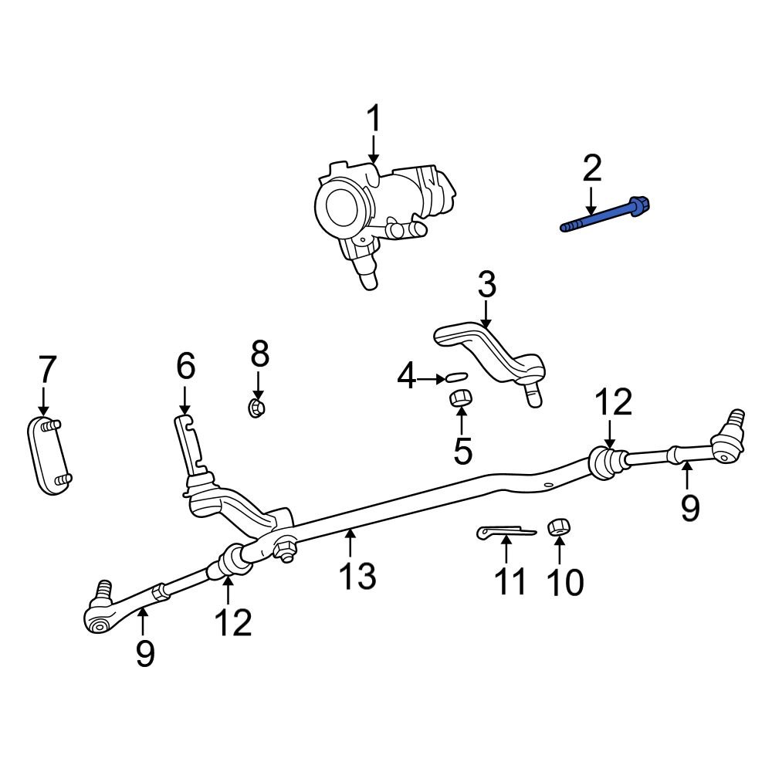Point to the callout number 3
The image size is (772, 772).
[x=486, y=286]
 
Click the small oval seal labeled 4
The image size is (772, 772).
[x=455, y=378]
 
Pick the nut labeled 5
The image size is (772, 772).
[x=461, y=398]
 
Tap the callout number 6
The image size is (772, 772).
[x=185, y=367]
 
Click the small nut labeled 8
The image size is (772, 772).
[x=257, y=406]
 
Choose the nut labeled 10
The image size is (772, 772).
[x=558, y=528]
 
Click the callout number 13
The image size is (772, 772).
[x=359, y=575]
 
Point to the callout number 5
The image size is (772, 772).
[x=462, y=450]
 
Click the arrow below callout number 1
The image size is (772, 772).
[x=374, y=148]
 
